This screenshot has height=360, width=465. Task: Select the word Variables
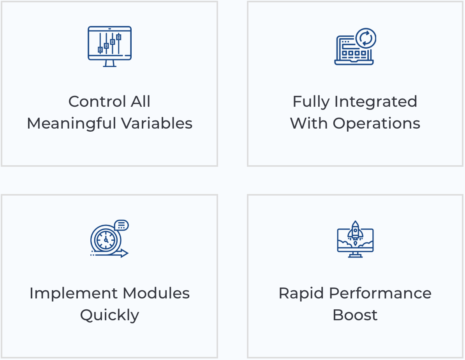click(x=157, y=123)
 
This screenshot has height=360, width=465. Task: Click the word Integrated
click(x=376, y=102)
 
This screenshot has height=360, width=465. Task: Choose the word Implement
click(x=74, y=293)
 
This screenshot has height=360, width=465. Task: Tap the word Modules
click(x=156, y=293)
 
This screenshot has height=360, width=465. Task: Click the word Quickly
click(x=109, y=315)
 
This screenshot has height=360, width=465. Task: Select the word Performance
click(x=380, y=293)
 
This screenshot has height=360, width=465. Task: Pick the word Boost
click(x=355, y=315)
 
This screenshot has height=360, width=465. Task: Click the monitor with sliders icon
click(x=110, y=46)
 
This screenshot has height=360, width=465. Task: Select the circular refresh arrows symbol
click(x=366, y=38)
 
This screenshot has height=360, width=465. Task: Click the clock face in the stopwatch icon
click(x=106, y=240)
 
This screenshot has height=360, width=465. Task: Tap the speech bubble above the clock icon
click(x=121, y=225)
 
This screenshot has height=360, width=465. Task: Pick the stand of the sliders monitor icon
click(x=110, y=64)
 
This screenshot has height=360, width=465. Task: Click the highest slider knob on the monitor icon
click(x=119, y=37)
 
